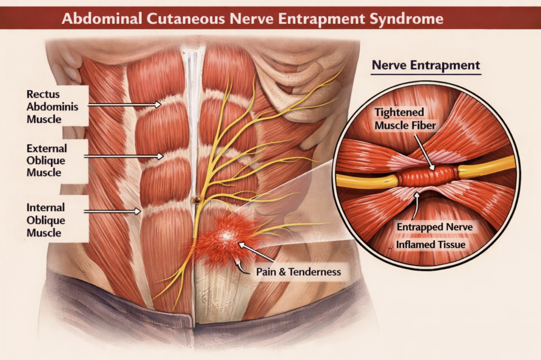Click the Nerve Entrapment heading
pyautogui.click(x=426, y=65)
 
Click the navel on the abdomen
pyautogui.click(x=196, y=200)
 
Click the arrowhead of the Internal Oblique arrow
pyautogui.click(x=138, y=211)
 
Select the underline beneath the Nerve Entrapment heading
pyautogui.click(x=426, y=75)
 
